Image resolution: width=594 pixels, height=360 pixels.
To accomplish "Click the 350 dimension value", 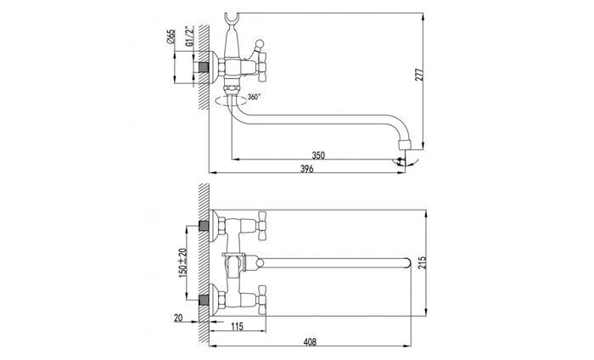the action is pos(318,155).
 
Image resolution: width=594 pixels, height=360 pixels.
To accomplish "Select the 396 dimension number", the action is pos(307,169).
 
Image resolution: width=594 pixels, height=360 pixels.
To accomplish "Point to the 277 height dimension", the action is pos(419,75).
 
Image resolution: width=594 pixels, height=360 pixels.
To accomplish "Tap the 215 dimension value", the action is pos(423,262).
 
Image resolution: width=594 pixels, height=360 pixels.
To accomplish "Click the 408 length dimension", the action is pos(310,342).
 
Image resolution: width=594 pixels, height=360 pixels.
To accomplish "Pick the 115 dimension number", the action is pos(237,326).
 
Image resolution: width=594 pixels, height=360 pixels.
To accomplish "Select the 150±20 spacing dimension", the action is pos(182,262).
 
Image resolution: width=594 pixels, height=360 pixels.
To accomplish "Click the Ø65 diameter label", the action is pos(171,37).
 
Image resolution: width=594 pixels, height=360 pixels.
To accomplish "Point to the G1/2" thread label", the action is pos(189,37).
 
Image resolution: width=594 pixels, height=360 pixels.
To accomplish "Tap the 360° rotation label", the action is pos(254,97).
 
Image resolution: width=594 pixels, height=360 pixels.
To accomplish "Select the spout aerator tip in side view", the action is pos(405,144).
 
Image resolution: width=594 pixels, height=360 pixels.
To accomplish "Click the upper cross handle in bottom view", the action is pos(261,226).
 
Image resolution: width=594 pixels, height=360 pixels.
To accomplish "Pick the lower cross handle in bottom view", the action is pos(261,300).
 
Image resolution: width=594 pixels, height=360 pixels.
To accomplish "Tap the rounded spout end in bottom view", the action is pos(407,263).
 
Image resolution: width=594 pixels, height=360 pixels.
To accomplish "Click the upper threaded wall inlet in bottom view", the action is pos(204,226).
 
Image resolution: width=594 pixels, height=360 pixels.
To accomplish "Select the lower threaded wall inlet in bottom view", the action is pos(204,300).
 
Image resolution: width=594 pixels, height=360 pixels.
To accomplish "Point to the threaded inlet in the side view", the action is pos(204,67).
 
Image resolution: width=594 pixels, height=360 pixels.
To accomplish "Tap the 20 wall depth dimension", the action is pos(178,318).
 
